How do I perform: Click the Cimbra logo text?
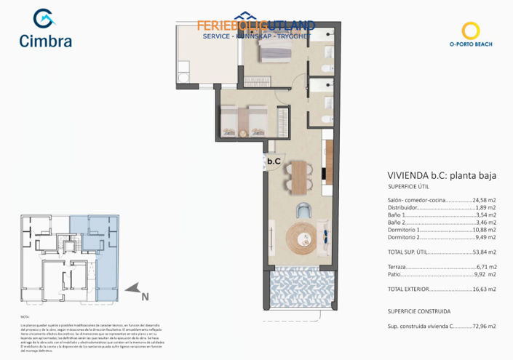[x=46, y=41]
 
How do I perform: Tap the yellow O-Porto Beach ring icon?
[x=472, y=31]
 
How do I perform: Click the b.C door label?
[x=274, y=161]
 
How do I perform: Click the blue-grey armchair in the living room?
[x=304, y=210]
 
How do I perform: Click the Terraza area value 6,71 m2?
[x=486, y=267]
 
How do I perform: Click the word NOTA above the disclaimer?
[x=25, y=317]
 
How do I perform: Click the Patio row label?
[x=394, y=274]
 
